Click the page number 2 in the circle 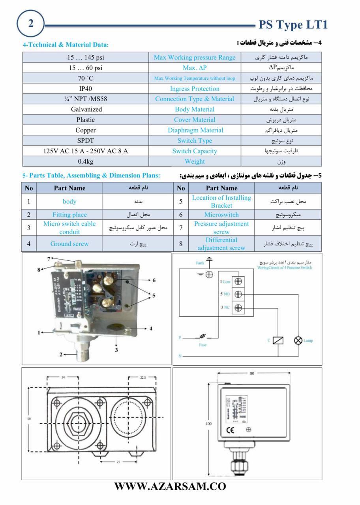[30, 23]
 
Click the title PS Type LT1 [293, 25]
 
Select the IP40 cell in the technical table [86, 89]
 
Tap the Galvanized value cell [86, 109]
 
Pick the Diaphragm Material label [195, 130]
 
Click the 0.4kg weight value [86, 161]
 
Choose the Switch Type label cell [195, 140]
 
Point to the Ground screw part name [69, 244]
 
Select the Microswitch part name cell [221, 215]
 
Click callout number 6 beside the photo [154, 280]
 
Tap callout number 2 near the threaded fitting [61, 354]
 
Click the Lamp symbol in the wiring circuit [298, 340]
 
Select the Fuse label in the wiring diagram [202, 344]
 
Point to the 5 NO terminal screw [238, 294]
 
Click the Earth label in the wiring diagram [200, 263]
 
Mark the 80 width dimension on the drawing [252, 373]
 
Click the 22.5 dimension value [143, 377]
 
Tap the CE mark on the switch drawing [230, 430]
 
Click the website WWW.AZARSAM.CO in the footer [170, 486]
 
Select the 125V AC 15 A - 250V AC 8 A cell [86, 151]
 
